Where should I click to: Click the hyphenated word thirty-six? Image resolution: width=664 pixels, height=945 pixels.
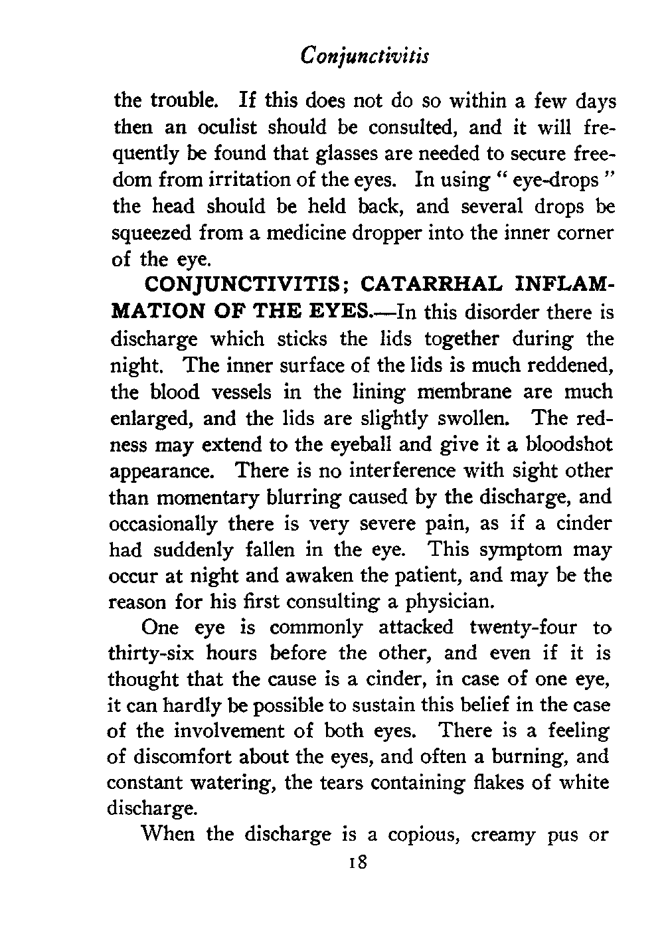click(x=151, y=653)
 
